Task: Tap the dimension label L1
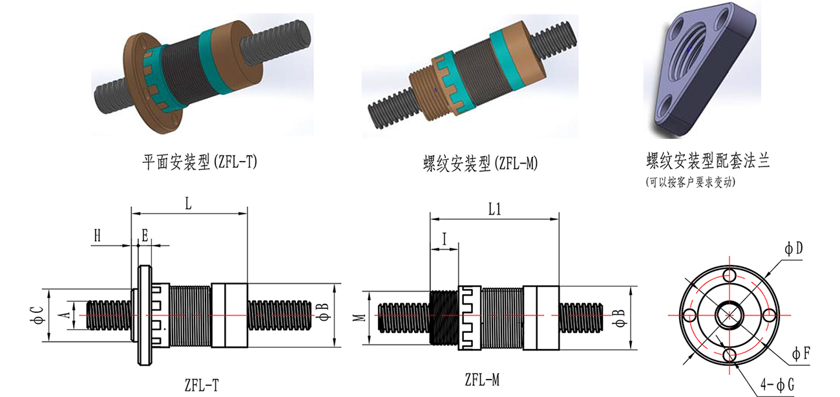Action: [x=496, y=209]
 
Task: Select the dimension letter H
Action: [x=98, y=236]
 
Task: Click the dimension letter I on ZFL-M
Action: [x=444, y=238]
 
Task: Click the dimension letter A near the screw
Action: [x=63, y=314]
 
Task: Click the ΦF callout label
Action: [x=802, y=353]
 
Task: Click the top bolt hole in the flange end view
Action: [x=730, y=276]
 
